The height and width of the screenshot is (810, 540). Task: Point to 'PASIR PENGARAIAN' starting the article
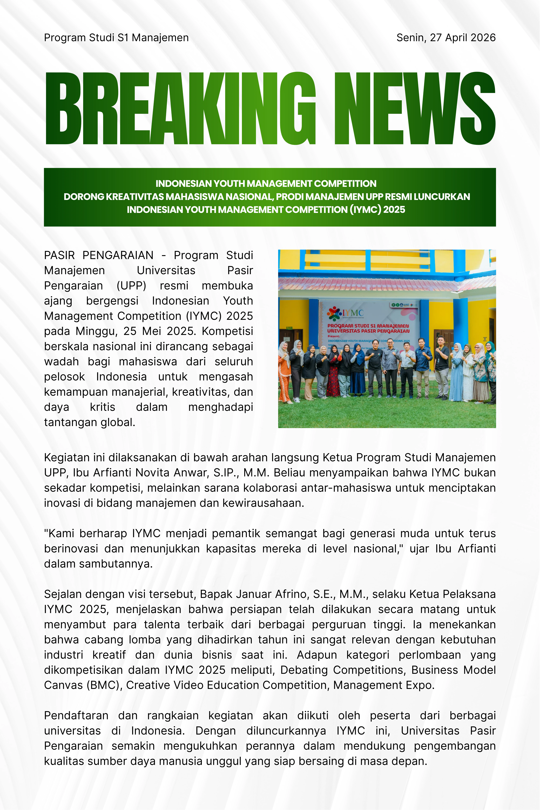99,255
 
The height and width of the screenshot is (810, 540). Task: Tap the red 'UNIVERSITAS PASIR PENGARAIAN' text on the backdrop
368,331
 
